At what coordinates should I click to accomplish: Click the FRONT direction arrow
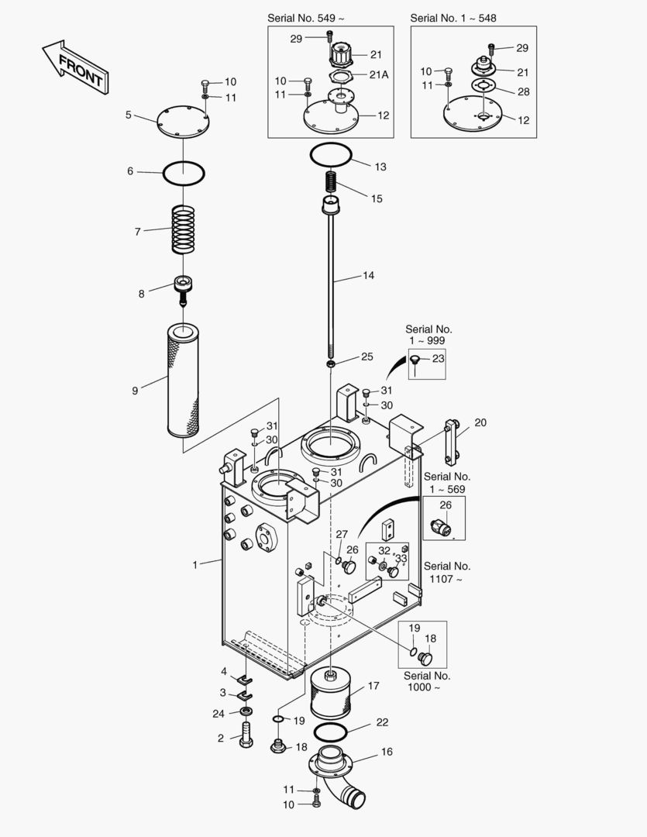coord(76,67)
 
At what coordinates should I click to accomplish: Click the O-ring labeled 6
coord(183,174)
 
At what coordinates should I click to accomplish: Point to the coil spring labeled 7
coord(183,229)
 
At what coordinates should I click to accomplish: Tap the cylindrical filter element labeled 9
coord(183,380)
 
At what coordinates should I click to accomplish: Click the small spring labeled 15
coord(331,183)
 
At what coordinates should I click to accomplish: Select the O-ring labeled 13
coord(331,155)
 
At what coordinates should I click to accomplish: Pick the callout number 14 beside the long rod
coord(368,275)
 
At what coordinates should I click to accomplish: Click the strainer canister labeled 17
coord(331,694)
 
